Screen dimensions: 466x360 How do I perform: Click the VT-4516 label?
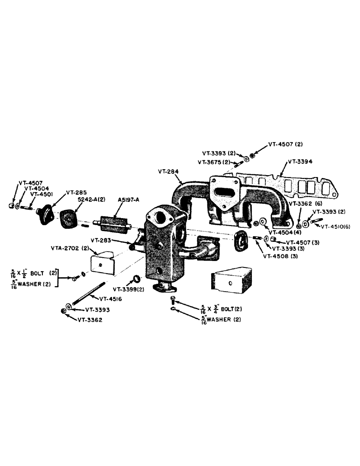click(111, 299)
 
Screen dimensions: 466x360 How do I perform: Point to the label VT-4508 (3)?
click(281, 256)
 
